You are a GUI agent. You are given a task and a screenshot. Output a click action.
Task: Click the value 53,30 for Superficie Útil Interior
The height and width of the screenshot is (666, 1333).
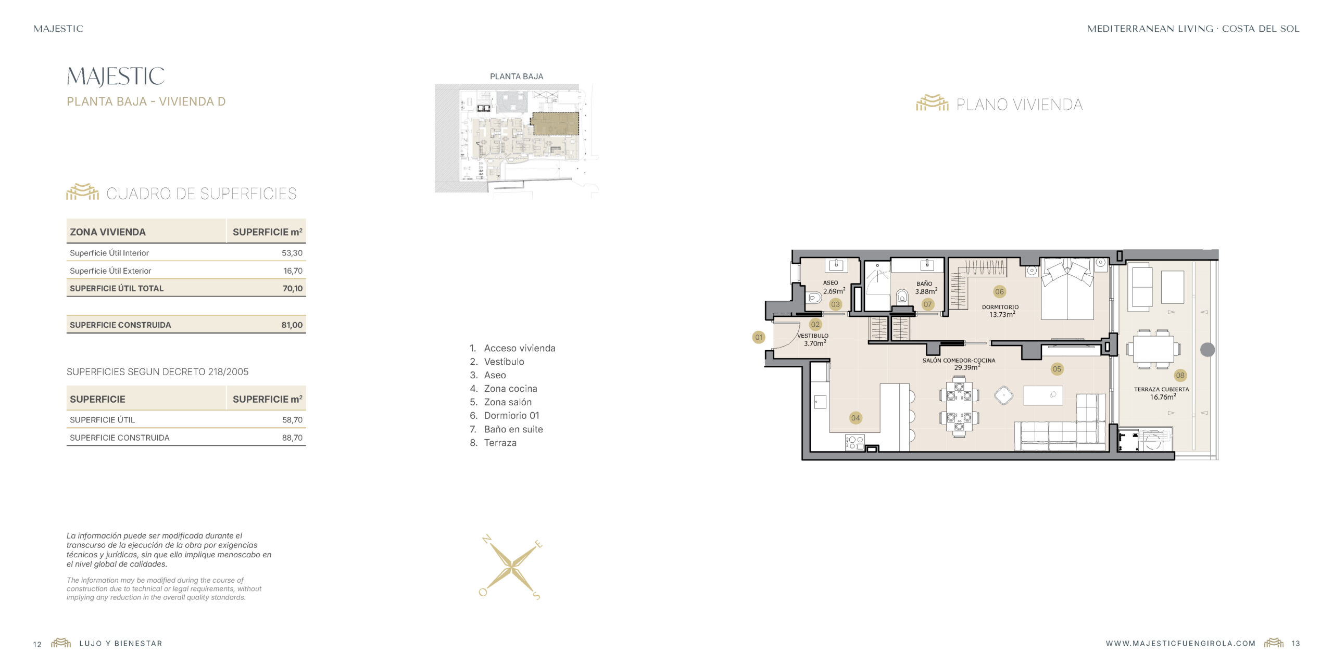click(x=292, y=253)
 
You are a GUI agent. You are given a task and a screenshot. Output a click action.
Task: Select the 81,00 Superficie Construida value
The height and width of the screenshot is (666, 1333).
click(x=292, y=325)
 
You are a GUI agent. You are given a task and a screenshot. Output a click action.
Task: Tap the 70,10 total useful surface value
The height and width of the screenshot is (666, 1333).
click(x=293, y=288)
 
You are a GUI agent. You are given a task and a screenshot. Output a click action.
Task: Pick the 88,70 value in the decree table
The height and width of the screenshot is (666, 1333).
click(x=292, y=438)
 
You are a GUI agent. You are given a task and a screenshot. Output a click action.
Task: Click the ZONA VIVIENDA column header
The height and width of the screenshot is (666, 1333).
click(x=108, y=232)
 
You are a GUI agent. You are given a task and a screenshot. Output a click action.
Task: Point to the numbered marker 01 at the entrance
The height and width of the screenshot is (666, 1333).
click(x=759, y=337)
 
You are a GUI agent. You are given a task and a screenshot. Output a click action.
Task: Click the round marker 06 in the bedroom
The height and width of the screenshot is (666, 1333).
click(x=999, y=291)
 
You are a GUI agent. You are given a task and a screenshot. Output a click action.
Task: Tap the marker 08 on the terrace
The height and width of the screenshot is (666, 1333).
click(x=1180, y=375)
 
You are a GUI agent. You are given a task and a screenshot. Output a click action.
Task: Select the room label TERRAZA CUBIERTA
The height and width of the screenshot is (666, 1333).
click(x=1162, y=389)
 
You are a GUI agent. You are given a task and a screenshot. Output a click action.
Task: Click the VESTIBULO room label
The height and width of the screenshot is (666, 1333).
click(x=813, y=336)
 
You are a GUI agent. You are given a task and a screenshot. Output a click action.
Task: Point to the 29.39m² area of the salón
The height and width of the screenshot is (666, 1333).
click(x=967, y=367)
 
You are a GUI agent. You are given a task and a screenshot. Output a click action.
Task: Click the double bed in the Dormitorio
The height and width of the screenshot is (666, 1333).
click(x=1067, y=289)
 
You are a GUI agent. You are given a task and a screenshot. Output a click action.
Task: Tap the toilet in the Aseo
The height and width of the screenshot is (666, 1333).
click(x=814, y=298)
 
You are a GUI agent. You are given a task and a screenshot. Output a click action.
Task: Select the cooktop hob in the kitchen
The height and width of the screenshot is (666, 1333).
click(x=855, y=442)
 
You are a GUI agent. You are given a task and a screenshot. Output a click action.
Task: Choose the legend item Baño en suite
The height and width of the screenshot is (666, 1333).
click(x=513, y=429)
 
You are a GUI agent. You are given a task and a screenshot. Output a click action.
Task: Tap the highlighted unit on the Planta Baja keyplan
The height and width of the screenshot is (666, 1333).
click(x=555, y=124)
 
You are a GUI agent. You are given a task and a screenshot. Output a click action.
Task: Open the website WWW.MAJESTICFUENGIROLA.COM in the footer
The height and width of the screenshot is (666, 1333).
click(x=1180, y=644)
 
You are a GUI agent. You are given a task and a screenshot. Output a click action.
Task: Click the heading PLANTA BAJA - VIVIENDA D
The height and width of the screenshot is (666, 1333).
click(x=146, y=101)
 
